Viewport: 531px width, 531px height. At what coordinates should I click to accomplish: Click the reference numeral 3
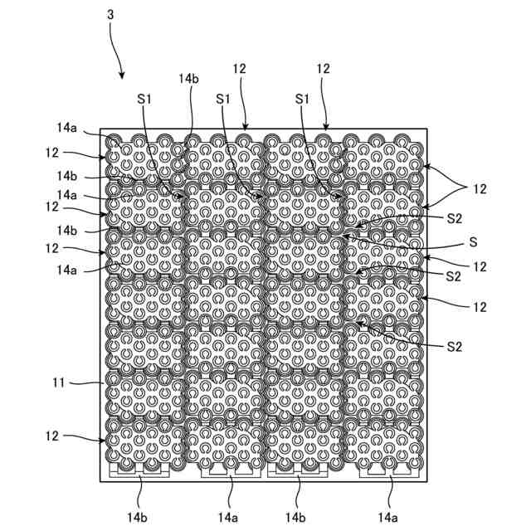pyautogui.click(x=111, y=15)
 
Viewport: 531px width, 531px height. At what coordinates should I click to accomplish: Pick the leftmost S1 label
pyautogui.click(x=145, y=98)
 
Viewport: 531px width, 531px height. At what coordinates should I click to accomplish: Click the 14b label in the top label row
pyautogui.click(x=189, y=78)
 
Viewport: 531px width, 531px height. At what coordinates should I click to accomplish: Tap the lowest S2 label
pyautogui.click(x=453, y=344)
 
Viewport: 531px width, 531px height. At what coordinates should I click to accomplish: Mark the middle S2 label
pyautogui.click(x=453, y=275)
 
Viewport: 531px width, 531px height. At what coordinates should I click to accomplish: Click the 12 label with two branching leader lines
pyautogui.click(x=480, y=189)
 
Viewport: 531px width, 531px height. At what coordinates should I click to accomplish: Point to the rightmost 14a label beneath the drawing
pyautogui.click(x=387, y=517)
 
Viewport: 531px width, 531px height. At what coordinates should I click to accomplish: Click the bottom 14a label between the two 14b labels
pyautogui.click(x=227, y=517)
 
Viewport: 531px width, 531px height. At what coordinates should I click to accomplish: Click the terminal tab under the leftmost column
pyautogui.click(x=140, y=470)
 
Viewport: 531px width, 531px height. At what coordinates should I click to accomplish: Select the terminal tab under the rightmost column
pyautogui.click(x=387, y=470)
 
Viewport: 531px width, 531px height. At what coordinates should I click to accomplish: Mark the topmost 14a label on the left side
pyautogui.click(x=67, y=128)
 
